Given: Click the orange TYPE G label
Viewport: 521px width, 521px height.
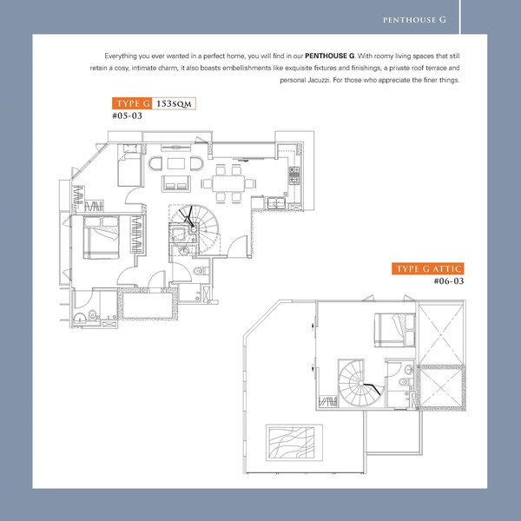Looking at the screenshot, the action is [x=132, y=103].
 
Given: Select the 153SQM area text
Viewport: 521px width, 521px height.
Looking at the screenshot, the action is [x=174, y=103].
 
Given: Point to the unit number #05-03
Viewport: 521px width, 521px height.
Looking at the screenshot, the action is [x=128, y=115].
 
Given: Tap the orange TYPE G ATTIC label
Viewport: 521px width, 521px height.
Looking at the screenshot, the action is [x=427, y=268].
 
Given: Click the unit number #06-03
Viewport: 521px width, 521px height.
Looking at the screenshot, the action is [x=449, y=281].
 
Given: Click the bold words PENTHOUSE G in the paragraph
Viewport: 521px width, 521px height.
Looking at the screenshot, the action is [x=329, y=56].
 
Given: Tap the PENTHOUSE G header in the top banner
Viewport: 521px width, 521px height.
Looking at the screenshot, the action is [x=414, y=20].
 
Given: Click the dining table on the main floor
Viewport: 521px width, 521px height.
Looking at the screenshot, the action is [x=228, y=183].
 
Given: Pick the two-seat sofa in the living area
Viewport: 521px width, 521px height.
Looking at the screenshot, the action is [x=176, y=183].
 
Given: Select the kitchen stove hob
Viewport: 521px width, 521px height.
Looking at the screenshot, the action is [x=294, y=175].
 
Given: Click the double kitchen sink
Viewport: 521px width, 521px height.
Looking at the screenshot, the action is [x=276, y=202].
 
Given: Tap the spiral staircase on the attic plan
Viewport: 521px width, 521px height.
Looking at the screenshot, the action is [x=361, y=383].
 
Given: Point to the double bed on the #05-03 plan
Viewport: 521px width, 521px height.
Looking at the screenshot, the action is [x=101, y=237].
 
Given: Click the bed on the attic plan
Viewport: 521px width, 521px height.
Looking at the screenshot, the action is [x=395, y=330].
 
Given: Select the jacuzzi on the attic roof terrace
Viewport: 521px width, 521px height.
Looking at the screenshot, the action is [x=294, y=442].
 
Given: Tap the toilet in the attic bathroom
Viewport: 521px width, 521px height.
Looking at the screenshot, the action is [x=406, y=381].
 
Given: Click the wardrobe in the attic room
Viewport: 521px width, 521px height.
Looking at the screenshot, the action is [x=327, y=401].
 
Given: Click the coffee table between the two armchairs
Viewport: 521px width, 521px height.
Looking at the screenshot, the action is [x=175, y=163].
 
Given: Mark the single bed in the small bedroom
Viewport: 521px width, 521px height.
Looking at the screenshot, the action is [x=129, y=165].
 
